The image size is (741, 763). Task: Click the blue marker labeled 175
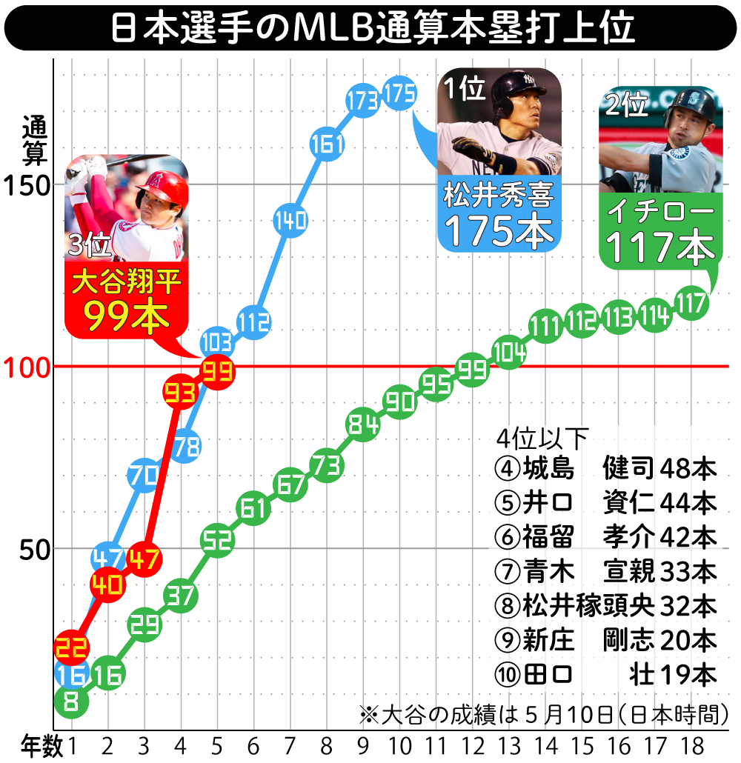[399, 93]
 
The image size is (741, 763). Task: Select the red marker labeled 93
[179, 393]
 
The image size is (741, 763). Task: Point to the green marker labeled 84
[362, 425]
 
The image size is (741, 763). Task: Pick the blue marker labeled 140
[290, 220]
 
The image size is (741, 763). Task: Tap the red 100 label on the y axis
[27, 367]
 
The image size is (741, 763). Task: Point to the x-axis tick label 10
[399, 745]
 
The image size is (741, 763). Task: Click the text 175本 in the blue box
[501, 232]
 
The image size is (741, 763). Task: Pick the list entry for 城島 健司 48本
[605, 468]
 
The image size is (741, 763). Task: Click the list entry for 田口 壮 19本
[605, 674]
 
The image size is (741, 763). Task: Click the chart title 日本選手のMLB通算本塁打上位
[370, 28]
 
